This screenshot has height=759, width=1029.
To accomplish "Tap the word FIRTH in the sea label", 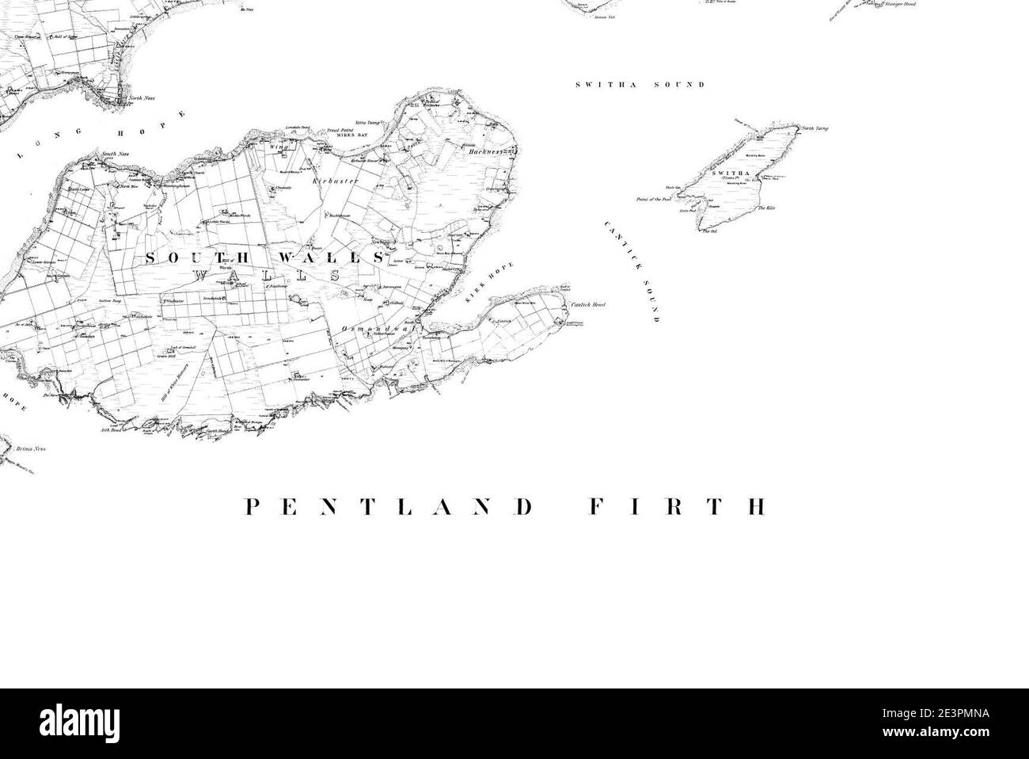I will click(677, 507).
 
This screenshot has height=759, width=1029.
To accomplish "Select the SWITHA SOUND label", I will click(639, 84).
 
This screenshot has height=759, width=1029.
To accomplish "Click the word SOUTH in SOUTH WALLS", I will click(197, 258).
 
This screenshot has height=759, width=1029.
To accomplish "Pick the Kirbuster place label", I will click(335, 181).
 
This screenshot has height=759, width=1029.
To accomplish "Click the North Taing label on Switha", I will click(814, 128).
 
